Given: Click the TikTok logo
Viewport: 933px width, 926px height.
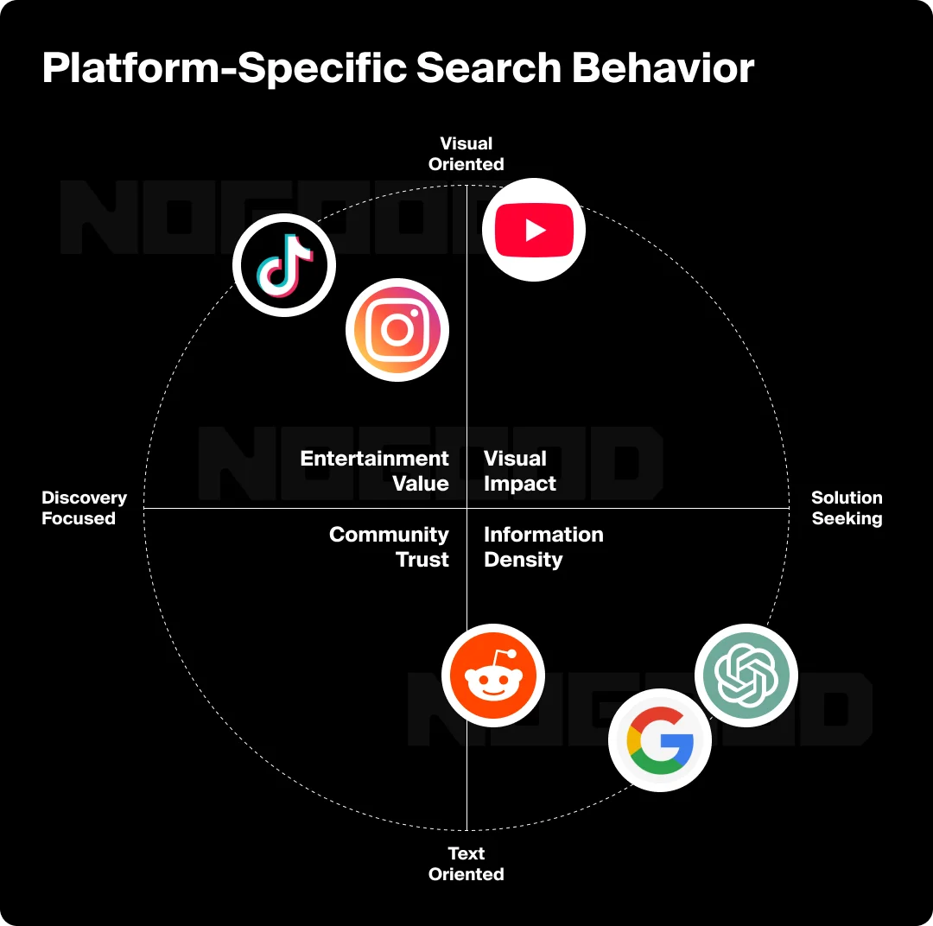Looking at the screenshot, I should coord(284,264).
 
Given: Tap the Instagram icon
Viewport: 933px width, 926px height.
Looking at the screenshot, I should coord(397,329).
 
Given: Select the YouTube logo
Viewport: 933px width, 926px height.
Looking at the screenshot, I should coord(534,230).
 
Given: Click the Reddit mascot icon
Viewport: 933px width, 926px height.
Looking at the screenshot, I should coord(493,675).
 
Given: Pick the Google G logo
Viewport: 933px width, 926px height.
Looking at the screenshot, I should coord(660,740).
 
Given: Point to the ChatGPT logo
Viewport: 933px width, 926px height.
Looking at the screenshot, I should coord(746,675).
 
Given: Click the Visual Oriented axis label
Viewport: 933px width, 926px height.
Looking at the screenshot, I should coord(466,154).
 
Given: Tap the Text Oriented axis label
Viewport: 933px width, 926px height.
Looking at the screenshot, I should coord(466,864).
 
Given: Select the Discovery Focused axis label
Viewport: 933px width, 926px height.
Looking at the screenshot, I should coord(84,508).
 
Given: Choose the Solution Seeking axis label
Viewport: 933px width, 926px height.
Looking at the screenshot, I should coord(847,508).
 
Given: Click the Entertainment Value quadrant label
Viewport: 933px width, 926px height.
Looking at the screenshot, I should coord(375,471).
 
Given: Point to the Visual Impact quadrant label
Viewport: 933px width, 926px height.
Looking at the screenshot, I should coord(519,471).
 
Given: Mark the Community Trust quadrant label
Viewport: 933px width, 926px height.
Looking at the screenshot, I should coord(390,547).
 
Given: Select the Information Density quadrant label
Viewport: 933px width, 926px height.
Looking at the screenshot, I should coord(543,547).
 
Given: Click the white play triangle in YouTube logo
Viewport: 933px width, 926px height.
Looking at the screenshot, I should coord(536,231).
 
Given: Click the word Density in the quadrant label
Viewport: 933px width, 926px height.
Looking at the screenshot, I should coord(524,560).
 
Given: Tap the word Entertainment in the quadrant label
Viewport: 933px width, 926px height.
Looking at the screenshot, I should coord(375,459).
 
